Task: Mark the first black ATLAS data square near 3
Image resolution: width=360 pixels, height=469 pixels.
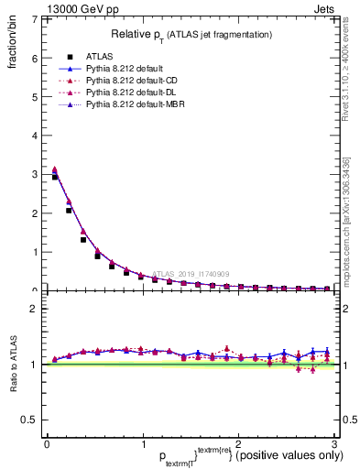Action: coord(55,177)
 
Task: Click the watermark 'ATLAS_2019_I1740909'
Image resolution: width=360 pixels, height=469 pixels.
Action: coord(191,273)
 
